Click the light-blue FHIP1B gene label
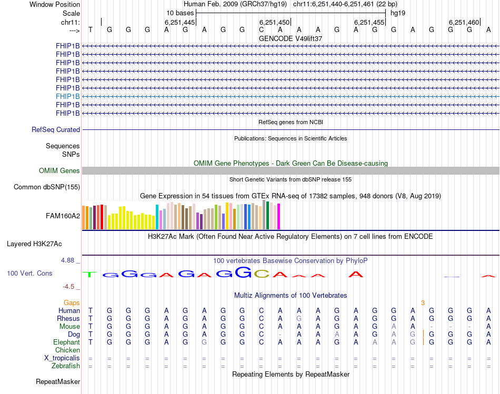pos(68,96)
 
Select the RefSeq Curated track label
pos(56,129)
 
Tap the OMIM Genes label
pos(59,170)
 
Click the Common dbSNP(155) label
pos(47,187)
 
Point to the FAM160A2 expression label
pos(63,216)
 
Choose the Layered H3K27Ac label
pos(34,244)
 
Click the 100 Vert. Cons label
pos(29,274)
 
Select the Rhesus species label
pos(68,318)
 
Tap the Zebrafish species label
pos(66,366)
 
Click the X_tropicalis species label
pos(62,358)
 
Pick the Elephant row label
pos(66,342)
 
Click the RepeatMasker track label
pos(58,381)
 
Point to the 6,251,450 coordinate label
pos(275,22)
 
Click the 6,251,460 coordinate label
pos(464,22)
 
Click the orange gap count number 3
pos(423,302)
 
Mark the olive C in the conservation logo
pos(262,274)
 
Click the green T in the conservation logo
pos(91,274)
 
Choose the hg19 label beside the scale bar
pos(398,13)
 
